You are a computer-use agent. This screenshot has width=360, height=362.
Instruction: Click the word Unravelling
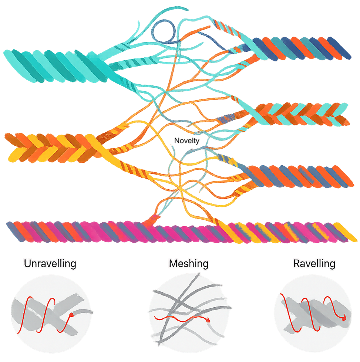pos(50,264)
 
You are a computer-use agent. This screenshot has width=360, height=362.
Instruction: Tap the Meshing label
pos(188,264)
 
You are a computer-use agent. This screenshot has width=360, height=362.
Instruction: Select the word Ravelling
pos(314,264)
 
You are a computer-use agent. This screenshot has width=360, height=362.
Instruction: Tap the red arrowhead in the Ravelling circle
pos(344,317)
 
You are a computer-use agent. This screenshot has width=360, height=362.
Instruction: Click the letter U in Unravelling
pos(27,264)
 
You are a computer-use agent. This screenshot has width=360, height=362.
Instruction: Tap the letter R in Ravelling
pos(296,264)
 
